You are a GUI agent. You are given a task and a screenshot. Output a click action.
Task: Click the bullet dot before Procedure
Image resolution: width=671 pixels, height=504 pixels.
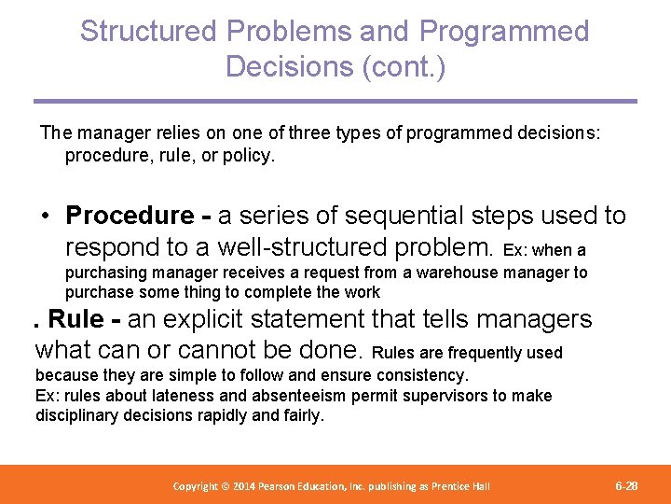click(45, 216)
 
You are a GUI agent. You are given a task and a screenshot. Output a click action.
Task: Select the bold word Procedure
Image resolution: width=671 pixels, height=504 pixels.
click(130, 216)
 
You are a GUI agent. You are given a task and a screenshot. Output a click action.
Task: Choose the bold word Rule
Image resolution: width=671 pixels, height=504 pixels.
click(75, 319)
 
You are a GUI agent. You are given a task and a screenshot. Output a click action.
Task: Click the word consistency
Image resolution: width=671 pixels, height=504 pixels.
click(419, 374)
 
